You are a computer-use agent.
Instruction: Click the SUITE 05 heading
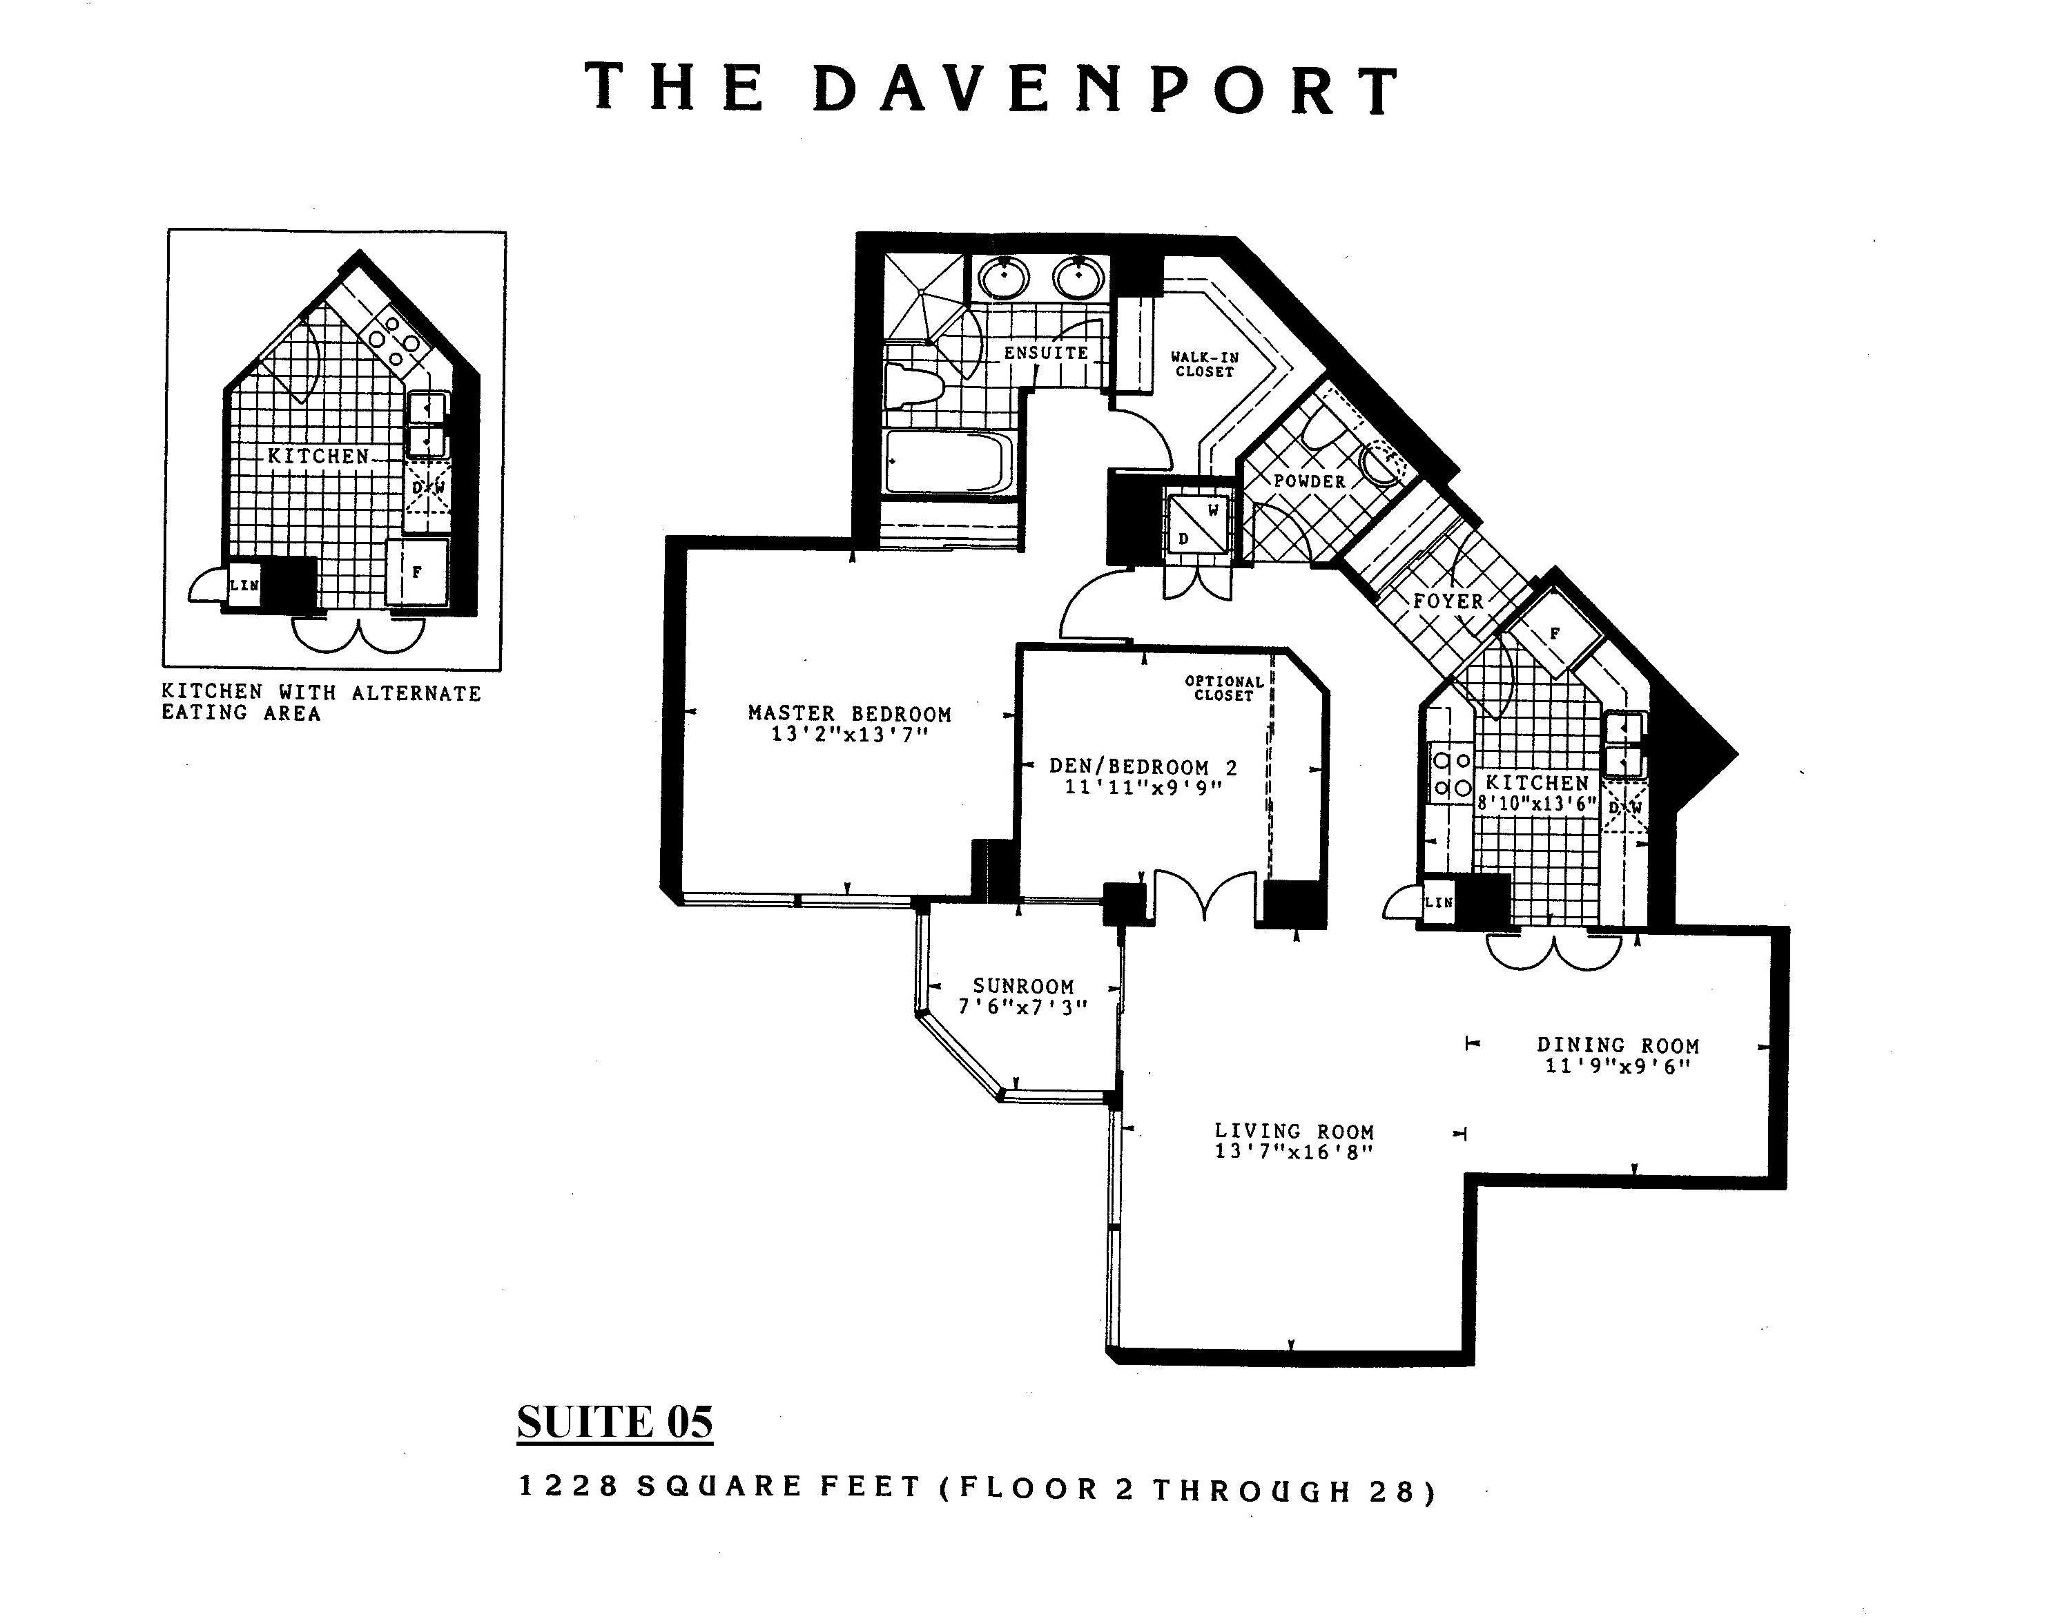pyautogui.click(x=614, y=1422)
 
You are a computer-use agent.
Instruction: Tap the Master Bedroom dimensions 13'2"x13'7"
pyautogui.click(x=849, y=735)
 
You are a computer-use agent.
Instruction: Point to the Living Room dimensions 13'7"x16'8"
pyautogui.click(x=1294, y=1151)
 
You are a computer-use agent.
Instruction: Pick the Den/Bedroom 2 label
pyautogui.click(x=1143, y=767)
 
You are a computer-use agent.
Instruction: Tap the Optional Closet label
pyautogui.click(x=1224, y=688)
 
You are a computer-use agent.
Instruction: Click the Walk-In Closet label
pyautogui.click(x=1204, y=365)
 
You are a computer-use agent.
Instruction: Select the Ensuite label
pyautogui.click(x=1046, y=353)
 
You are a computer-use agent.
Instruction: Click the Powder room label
pyautogui.click(x=1310, y=481)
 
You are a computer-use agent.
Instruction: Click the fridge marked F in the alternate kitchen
pyautogui.click(x=416, y=572)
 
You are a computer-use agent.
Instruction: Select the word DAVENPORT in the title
pyautogui.click(x=1106, y=90)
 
